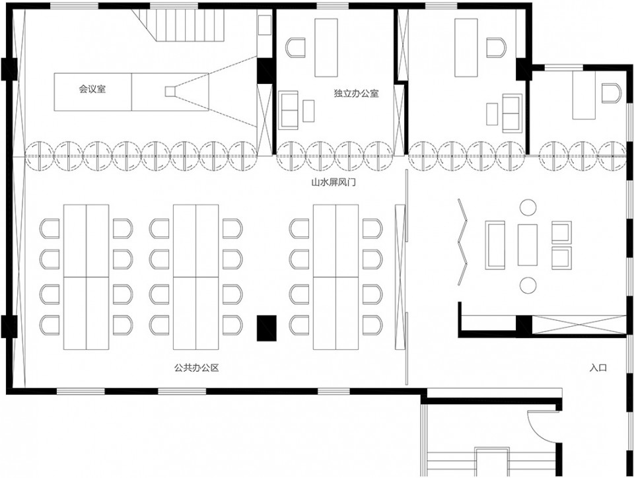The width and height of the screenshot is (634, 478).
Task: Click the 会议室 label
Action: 92,89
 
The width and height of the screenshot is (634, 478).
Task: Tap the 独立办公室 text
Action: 356,93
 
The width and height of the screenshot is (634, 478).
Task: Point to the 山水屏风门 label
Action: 333,182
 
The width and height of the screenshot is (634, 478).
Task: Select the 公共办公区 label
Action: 197,368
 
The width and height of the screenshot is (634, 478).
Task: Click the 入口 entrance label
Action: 598,368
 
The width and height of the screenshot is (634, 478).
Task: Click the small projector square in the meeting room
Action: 170,92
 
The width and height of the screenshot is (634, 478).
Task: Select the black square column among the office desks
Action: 267,328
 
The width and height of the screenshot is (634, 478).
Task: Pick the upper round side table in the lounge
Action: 528,207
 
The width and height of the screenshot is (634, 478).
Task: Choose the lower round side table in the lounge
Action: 528,285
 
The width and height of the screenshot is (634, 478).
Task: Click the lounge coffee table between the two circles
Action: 528,245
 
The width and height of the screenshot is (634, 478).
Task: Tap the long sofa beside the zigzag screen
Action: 495,245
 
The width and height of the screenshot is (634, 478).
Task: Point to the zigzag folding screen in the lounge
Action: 462,242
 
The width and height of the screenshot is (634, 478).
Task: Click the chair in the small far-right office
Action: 610,93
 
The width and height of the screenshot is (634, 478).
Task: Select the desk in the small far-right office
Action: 584,95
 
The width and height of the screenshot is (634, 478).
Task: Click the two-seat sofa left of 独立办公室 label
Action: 289,110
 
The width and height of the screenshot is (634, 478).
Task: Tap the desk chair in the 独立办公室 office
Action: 296,48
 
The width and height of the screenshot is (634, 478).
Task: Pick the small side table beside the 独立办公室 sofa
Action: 308,111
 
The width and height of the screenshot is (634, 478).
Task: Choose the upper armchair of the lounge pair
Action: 561,232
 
